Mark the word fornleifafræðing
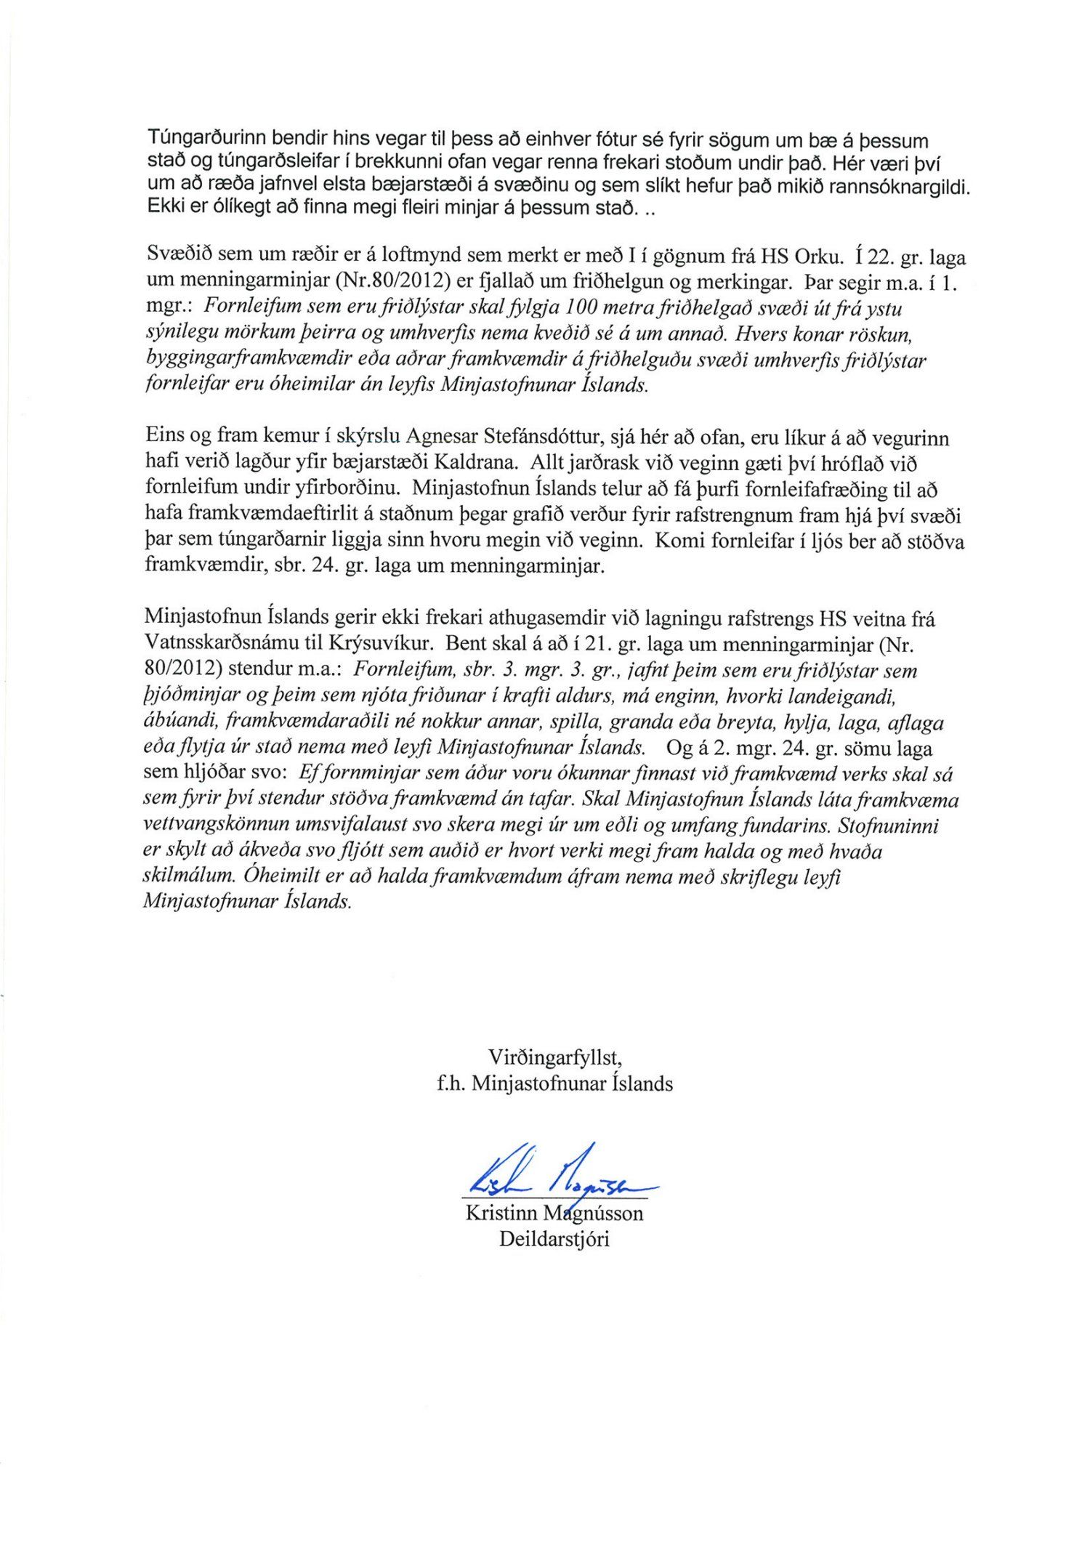pos(816,490)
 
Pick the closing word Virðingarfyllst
pos(554,1056)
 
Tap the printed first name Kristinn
pos(497,1213)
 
